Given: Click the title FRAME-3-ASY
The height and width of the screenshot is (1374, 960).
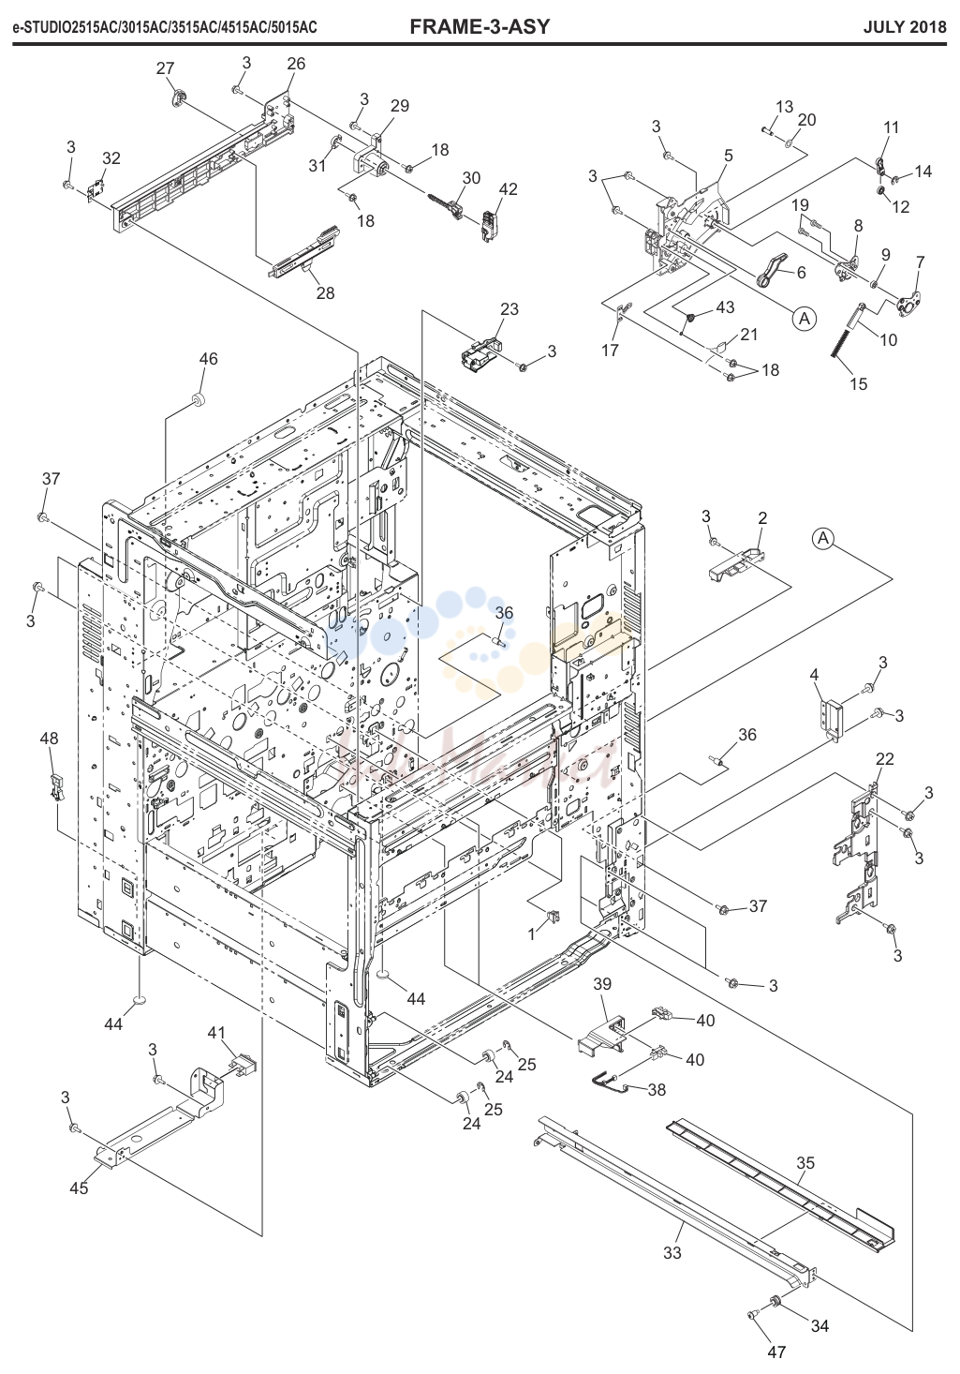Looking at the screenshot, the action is pyautogui.click(x=480, y=26).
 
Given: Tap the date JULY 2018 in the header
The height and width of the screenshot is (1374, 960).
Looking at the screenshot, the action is pyautogui.click(x=905, y=27).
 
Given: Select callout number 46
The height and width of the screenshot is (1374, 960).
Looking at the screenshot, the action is pyautogui.click(x=209, y=359).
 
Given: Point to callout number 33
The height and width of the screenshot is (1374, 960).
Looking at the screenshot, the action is pyautogui.click(x=672, y=1252).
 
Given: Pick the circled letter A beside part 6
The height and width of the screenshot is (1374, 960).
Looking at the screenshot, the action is pyautogui.click(x=805, y=319).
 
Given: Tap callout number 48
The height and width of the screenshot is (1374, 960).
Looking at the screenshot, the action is pyautogui.click(x=49, y=738).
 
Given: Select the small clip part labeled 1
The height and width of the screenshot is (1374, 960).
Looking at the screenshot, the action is pyautogui.click(x=553, y=917).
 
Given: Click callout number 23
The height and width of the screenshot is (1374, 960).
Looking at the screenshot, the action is pyautogui.click(x=509, y=309).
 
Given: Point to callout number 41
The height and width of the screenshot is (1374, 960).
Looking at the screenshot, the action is pyautogui.click(x=216, y=1033).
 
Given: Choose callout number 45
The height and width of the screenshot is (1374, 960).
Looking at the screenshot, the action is pyautogui.click(x=79, y=1188).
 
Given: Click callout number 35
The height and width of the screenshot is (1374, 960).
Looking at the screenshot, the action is pyautogui.click(x=805, y=1162).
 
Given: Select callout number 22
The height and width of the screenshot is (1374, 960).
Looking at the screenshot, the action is pyautogui.click(x=884, y=759).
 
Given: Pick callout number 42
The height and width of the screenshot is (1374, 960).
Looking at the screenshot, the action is pyautogui.click(x=509, y=189).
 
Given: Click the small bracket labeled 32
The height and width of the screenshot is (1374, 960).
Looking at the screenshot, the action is pyautogui.click(x=95, y=192).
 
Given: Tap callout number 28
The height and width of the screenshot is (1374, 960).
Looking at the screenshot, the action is pyautogui.click(x=325, y=293).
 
